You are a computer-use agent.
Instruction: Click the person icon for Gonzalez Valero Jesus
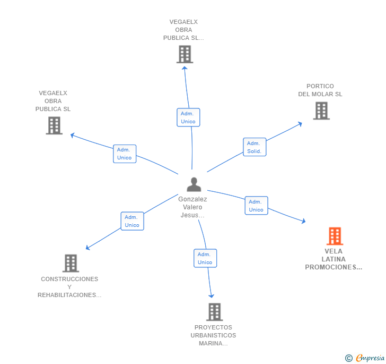[194, 184]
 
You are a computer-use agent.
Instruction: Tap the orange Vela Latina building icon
[335, 236]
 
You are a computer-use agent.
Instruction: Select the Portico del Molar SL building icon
[321, 111]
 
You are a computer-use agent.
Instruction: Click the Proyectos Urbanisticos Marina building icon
[214, 312]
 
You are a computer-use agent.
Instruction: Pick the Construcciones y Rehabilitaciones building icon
[70, 263]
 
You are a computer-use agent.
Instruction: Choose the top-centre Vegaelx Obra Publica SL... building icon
[185, 54]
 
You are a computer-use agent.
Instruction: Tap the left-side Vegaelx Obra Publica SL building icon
[54, 125]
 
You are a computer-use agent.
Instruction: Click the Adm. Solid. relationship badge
[255, 147]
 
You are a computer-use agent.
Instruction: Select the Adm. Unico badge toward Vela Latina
[256, 206]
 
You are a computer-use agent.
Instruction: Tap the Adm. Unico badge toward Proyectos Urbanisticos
[205, 258]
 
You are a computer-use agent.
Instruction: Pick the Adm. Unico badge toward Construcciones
[132, 221]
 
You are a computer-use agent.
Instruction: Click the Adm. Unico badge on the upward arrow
[188, 117]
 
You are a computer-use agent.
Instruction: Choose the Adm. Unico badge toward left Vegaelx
[125, 154]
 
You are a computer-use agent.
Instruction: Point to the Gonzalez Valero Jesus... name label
[192, 207]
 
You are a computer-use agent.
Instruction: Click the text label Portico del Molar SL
[320, 90]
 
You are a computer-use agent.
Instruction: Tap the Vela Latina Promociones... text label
[334, 259]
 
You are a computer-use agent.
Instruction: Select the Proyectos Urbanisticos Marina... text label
[213, 335]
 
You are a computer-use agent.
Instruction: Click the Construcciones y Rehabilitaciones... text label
[69, 287]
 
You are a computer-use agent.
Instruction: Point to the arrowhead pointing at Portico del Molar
[300, 124]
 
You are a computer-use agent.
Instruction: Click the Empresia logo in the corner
[365, 358]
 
